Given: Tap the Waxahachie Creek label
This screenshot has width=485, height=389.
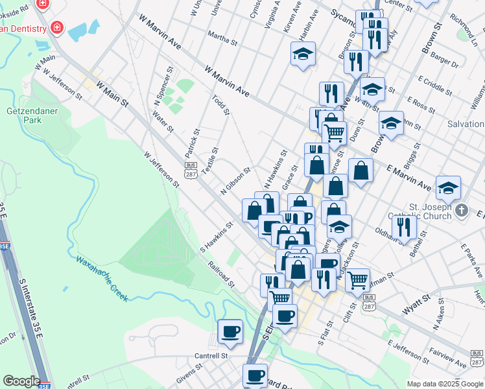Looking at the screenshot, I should (x=102, y=279).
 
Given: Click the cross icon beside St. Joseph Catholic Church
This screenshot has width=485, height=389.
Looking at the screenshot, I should (x=461, y=210).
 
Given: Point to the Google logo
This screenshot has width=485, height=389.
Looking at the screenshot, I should (x=21, y=381).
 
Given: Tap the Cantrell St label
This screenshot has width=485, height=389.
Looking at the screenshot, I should (x=212, y=356).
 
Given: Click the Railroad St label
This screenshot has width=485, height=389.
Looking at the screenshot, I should (x=221, y=274).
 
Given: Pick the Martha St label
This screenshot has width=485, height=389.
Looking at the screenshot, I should (x=223, y=40).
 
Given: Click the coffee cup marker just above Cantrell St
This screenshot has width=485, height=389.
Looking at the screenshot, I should (x=230, y=332).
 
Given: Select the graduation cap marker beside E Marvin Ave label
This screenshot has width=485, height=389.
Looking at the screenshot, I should (x=448, y=188).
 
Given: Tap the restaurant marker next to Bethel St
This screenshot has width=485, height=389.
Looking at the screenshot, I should (x=404, y=226).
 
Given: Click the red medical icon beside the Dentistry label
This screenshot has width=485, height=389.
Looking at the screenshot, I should (x=57, y=27).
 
